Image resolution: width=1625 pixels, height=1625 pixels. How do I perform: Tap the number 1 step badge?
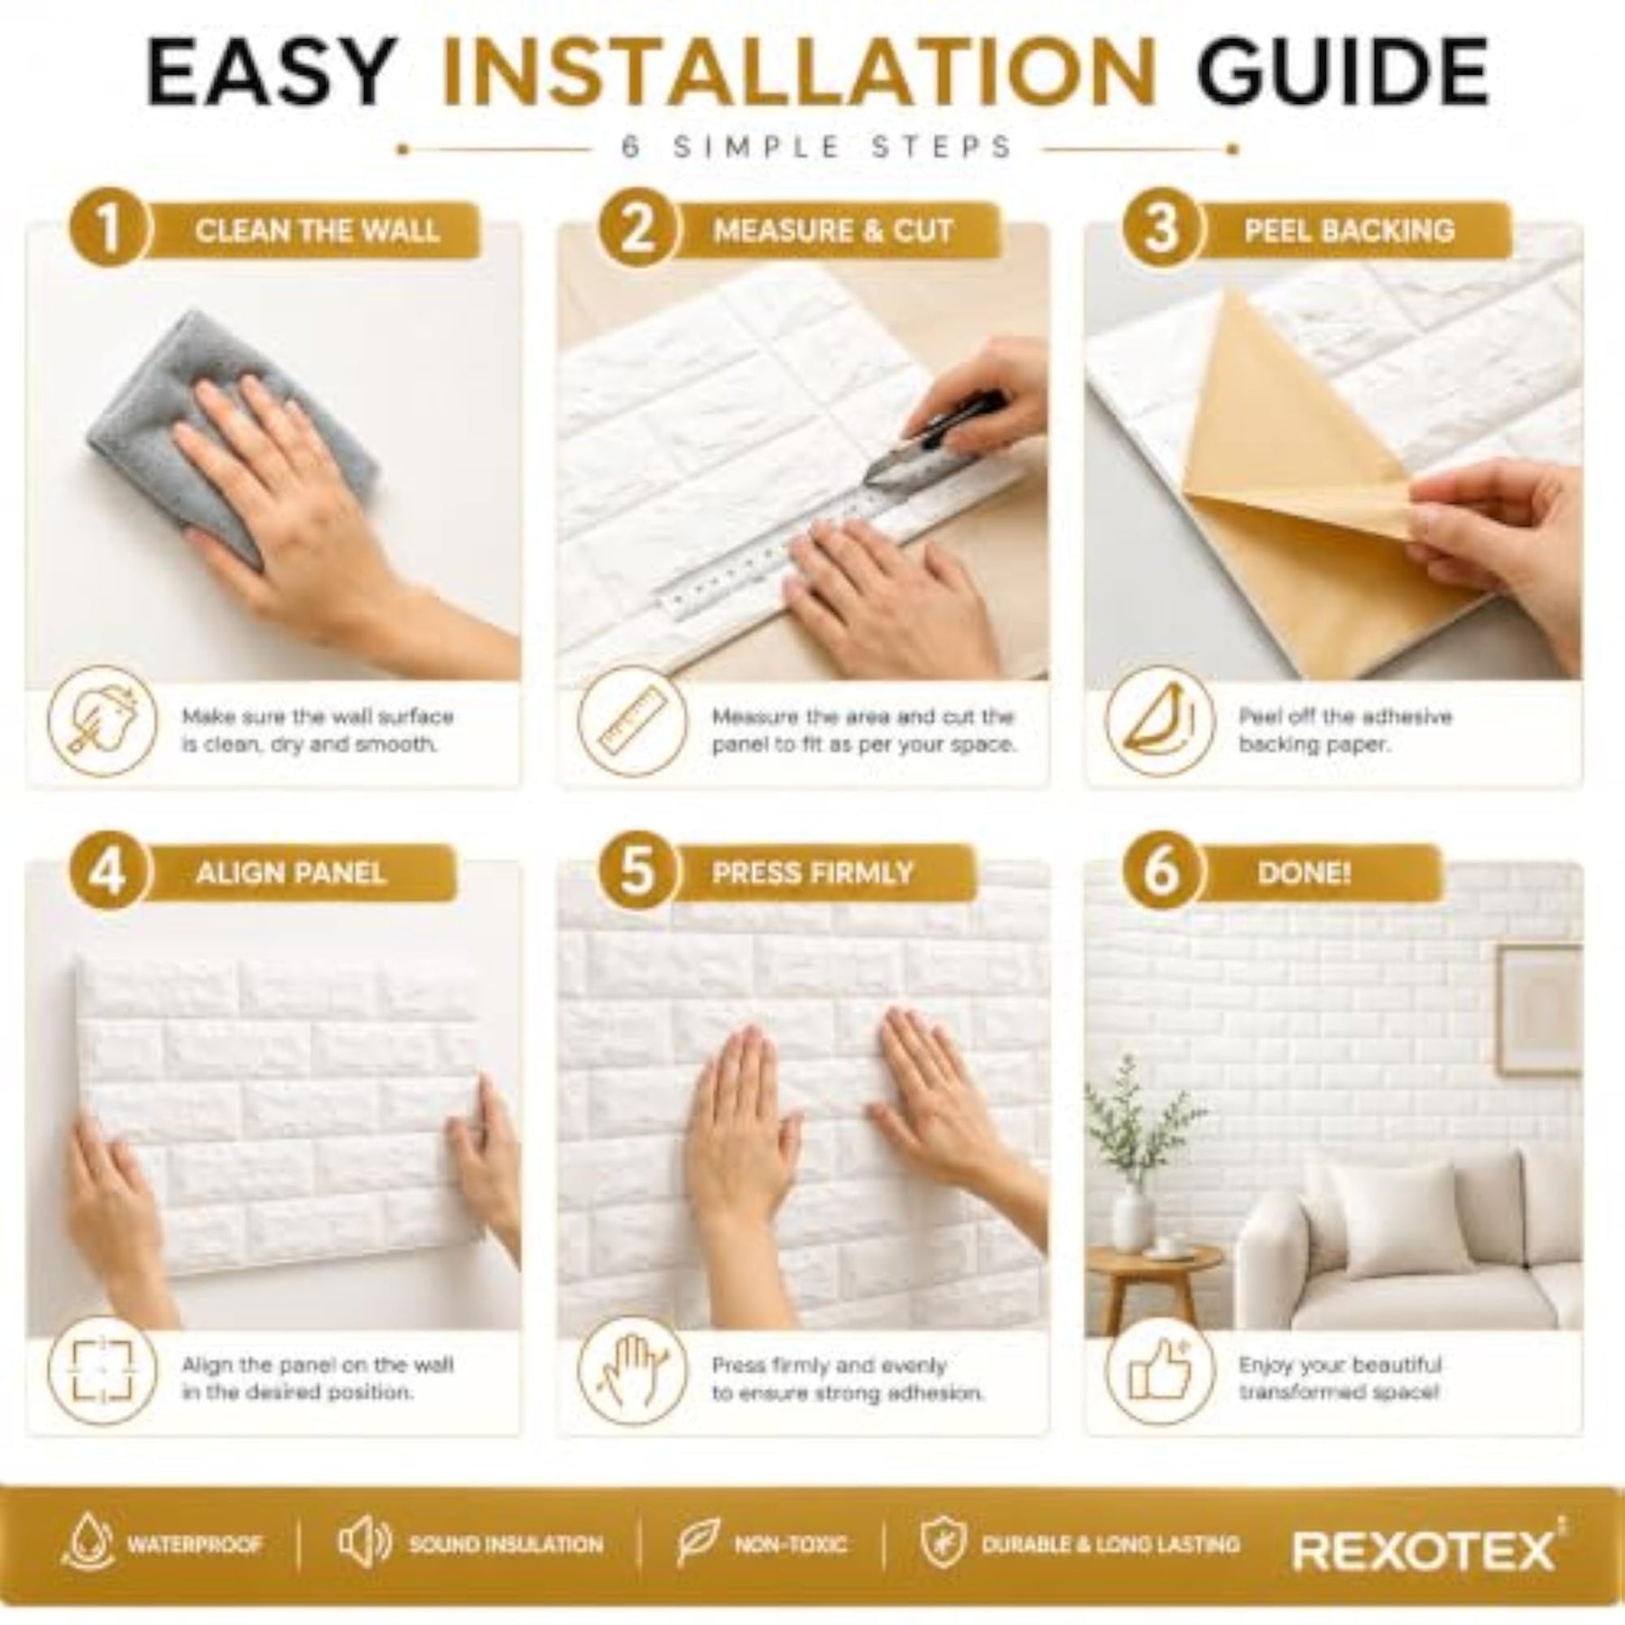pyautogui.click(x=107, y=228)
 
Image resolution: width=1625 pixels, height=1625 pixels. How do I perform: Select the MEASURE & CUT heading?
pyautogui.click(x=832, y=230)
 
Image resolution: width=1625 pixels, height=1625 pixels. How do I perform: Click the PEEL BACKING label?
pyautogui.click(x=1349, y=230)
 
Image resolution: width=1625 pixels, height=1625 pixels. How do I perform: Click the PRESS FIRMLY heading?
pyautogui.click(x=812, y=873)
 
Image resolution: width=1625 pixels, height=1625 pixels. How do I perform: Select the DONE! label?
pyautogui.click(x=1304, y=873)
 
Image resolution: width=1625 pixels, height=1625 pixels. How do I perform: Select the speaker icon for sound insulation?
pyautogui.click(x=363, y=1543)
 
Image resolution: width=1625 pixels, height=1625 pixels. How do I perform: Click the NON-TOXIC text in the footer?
pyautogui.click(x=790, y=1545)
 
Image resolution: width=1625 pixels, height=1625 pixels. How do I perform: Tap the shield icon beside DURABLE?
pyautogui.click(x=943, y=1543)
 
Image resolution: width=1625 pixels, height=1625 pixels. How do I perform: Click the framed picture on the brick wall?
pyautogui.click(x=1538, y=1010)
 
